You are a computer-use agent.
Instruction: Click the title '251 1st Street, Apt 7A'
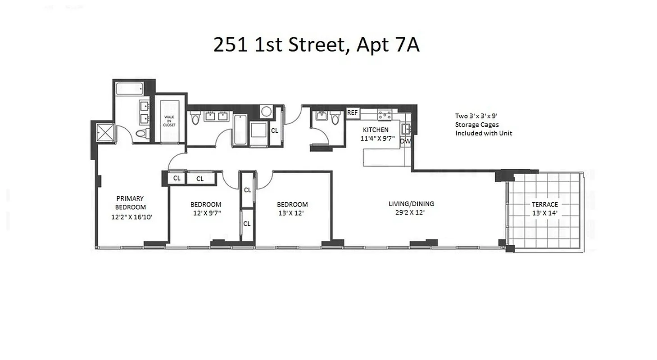[316, 45]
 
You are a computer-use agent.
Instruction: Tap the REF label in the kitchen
[352, 112]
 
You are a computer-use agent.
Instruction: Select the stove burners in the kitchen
[384, 115]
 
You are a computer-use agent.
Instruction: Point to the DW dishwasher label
[405, 141]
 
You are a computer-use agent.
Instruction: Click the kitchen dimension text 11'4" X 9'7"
[377, 139]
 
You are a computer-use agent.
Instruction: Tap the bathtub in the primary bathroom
[129, 88]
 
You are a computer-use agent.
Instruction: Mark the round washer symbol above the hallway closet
[266, 112]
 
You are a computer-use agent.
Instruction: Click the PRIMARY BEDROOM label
[130, 202]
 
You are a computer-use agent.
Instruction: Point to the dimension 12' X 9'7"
[206, 213]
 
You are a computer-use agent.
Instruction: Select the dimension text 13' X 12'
[291, 213]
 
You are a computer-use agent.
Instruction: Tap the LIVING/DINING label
[411, 204]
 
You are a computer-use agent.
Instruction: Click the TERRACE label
[544, 204]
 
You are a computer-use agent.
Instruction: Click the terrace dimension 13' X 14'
[544, 213]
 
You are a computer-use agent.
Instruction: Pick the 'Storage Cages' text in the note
[476, 125]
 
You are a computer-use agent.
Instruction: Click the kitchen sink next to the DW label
[405, 129]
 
